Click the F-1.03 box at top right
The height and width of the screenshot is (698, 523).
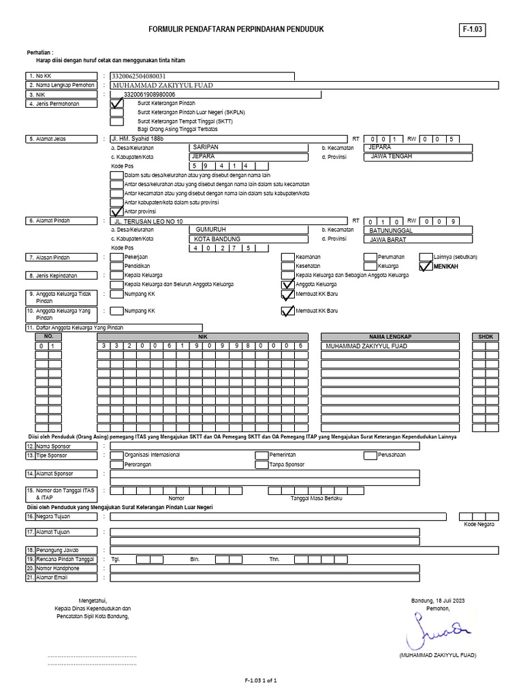click(x=473, y=30)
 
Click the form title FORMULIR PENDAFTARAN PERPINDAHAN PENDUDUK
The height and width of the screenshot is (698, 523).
click(x=236, y=29)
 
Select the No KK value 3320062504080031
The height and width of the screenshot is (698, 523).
click(x=138, y=76)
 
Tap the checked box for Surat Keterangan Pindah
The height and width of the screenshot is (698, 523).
click(x=116, y=104)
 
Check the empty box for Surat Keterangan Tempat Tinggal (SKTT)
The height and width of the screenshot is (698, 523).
click(x=116, y=121)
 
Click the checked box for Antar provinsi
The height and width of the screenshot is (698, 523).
click(x=116, y=212)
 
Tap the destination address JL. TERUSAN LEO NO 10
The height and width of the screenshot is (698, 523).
click(x=149, y=222)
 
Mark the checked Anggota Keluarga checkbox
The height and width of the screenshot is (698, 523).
click(x=287, y=284)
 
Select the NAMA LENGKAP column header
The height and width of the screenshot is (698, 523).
click(x=390, y=337)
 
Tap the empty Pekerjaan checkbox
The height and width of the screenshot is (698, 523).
click(x=116, y=257)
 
